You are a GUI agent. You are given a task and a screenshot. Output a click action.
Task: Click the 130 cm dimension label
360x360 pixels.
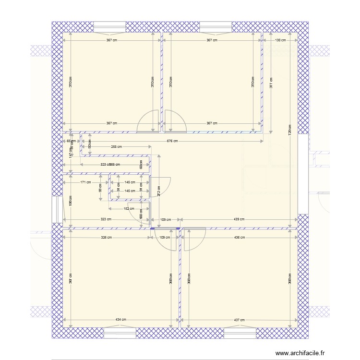click(280, 40)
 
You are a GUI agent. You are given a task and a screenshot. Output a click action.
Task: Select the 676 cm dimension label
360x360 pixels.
click(172, 141)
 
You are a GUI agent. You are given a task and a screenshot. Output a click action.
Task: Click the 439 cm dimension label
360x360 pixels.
click(239, 219)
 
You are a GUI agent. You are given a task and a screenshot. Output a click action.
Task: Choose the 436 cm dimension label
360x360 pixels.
click(239, 237)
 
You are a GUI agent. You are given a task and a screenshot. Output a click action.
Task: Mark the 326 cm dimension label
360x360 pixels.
click(106, 237)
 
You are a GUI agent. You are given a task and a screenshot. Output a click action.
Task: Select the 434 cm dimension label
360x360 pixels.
click(121, 320)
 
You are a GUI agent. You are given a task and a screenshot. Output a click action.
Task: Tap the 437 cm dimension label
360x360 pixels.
click(239, 320)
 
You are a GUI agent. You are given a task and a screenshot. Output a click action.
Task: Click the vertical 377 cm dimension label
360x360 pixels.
click(271, 83)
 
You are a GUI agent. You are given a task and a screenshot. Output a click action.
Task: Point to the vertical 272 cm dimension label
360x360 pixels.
click(159, 192)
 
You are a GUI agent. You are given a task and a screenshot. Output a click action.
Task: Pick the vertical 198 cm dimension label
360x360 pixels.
click(71, 200)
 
